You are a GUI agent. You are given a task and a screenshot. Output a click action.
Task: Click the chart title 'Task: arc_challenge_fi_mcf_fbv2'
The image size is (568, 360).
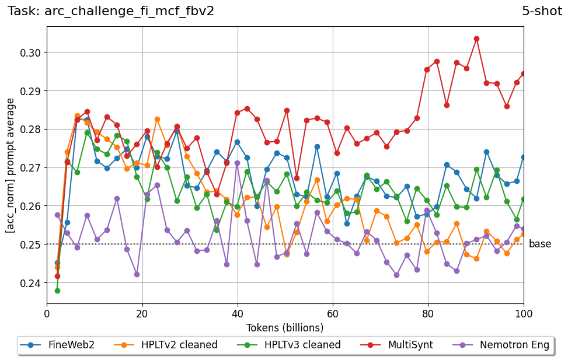pos(111,11)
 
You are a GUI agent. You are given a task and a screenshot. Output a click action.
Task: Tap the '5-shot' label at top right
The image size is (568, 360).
pos(542,11)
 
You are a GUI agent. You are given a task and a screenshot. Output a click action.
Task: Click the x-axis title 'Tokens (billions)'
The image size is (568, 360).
pos(285,328)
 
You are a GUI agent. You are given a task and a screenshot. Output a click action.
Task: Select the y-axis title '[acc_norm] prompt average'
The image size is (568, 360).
pos(11,165)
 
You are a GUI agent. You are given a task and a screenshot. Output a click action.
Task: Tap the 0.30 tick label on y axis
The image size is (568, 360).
pos(31,53)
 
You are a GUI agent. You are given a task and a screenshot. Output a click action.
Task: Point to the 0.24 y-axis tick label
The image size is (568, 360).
pos(31,283)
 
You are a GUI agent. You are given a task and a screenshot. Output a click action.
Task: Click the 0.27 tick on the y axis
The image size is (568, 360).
pos(31,168)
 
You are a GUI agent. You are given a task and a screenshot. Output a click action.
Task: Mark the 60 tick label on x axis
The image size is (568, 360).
pos(333,314)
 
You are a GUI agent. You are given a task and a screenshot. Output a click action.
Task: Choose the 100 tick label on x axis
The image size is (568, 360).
pos(523,314)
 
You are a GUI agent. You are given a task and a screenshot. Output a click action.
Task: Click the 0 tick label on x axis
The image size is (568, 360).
pos(47,314)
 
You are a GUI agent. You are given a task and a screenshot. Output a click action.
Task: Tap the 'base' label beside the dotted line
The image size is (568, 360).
pos(539,244)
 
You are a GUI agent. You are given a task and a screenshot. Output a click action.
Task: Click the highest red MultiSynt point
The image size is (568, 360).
pos(476,39)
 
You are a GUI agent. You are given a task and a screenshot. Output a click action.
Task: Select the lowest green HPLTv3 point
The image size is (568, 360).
pos(57,291)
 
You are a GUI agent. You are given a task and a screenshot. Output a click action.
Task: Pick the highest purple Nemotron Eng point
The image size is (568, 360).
pos(237,163)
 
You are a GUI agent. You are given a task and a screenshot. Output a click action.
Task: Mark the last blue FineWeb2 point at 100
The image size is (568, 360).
pos(524,157)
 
